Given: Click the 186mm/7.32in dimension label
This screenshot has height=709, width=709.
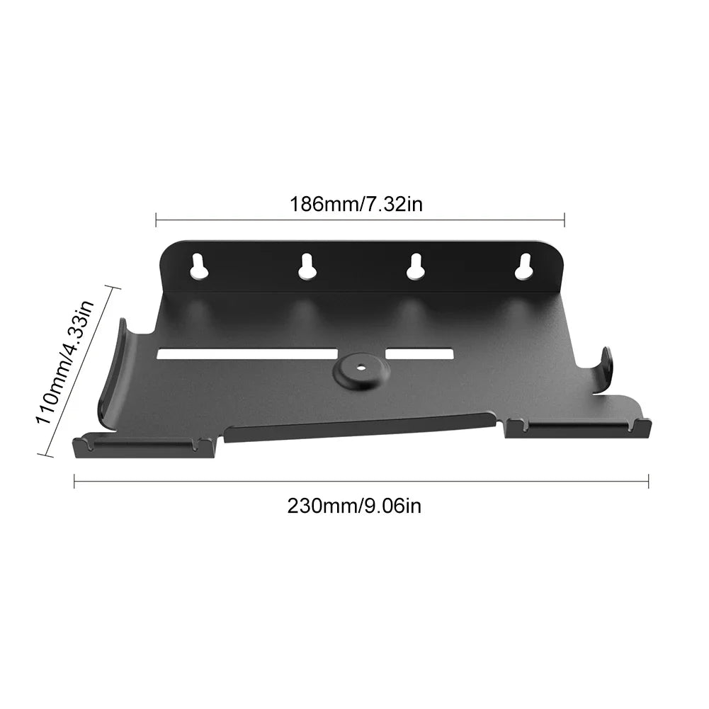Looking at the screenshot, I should (x=356, y=204).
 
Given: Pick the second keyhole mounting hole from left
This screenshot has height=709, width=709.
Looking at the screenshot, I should (x=306, y=266).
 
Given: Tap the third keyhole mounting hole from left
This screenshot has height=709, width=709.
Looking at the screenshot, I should (x=414, y=266).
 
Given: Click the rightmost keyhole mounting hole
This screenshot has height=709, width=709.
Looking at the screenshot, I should (x=524, y=266).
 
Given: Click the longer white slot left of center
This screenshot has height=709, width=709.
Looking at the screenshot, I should (x=246, y=353).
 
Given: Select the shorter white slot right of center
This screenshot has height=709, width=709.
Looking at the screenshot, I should (x=420, y=353).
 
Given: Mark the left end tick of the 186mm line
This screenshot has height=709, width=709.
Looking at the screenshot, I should (x=156, y=220).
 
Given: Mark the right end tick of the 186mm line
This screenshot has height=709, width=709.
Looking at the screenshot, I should (x=564, y=220).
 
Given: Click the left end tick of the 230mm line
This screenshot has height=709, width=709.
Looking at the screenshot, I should (x=74, y=482).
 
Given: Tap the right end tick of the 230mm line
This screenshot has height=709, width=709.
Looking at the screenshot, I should (x=648, y=482).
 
